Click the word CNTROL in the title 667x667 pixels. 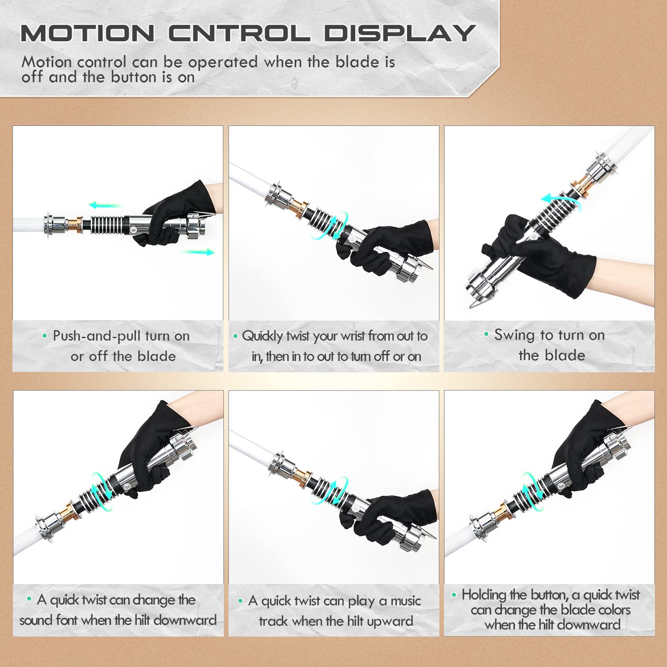[240, 33]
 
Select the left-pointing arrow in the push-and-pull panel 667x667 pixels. [106, 205]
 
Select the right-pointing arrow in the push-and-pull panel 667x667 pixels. [198, 252]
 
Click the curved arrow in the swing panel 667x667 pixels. [561, 199]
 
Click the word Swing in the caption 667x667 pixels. [514, 336]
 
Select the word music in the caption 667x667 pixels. [406, 601]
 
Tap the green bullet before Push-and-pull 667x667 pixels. [45, 336]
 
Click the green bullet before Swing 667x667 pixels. [486, 334]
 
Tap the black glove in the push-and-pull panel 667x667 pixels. [175, 213]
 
